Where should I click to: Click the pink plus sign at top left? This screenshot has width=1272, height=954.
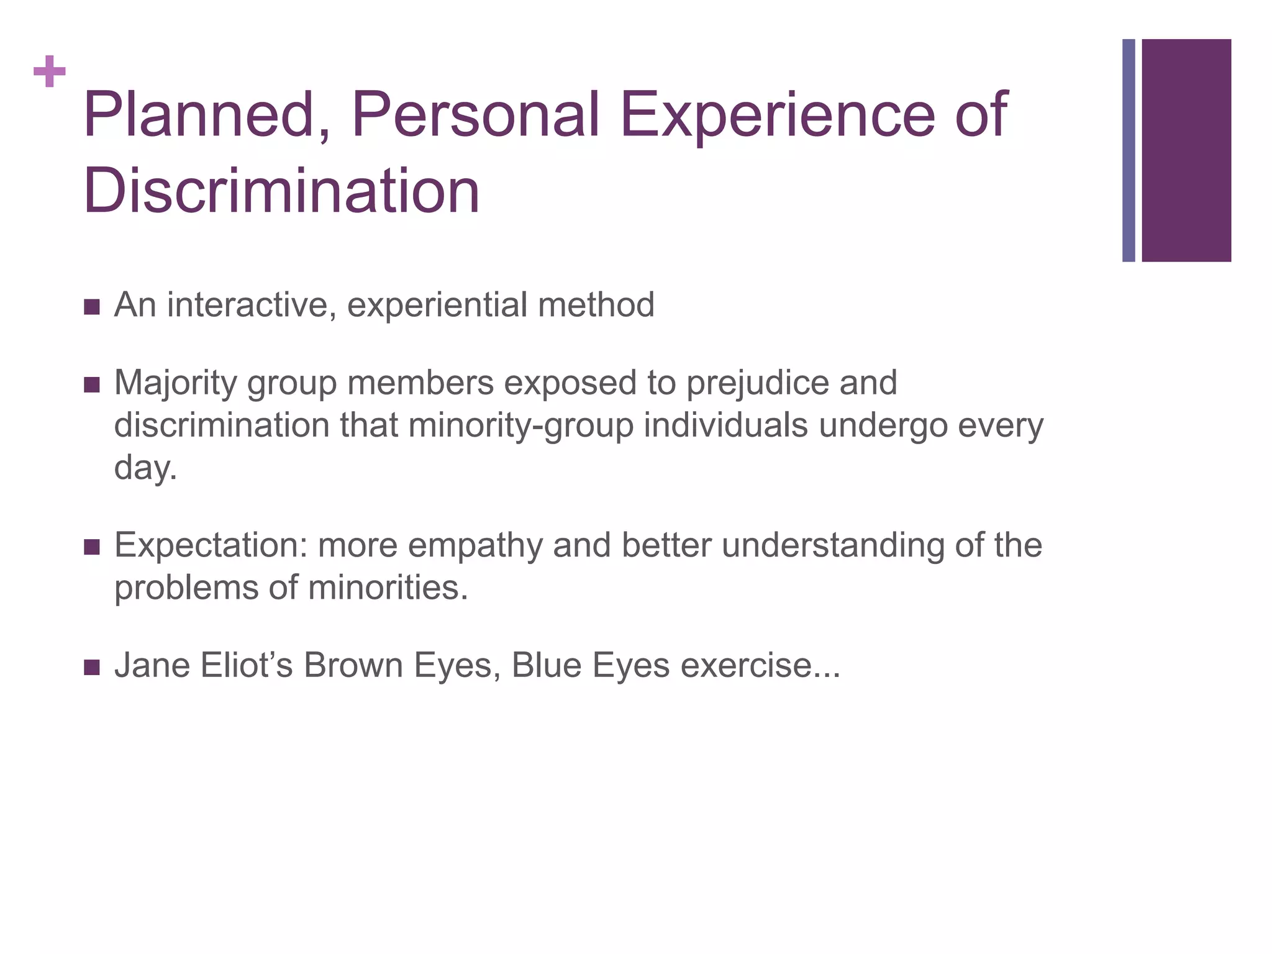[x=50, y=72]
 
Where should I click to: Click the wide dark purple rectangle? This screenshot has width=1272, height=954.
[x=1186, y=150]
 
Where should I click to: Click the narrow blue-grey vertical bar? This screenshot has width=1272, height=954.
[x=1129, y=150]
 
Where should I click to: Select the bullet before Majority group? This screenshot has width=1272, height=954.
[x=91, y=385]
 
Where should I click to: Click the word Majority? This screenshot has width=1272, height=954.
[x=175, y=383]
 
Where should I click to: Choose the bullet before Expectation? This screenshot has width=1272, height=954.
[x=91, y=547]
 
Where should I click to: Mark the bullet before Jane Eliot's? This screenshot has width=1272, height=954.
[x=91, y=668]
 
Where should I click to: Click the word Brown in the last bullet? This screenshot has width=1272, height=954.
[x=353, y=665]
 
